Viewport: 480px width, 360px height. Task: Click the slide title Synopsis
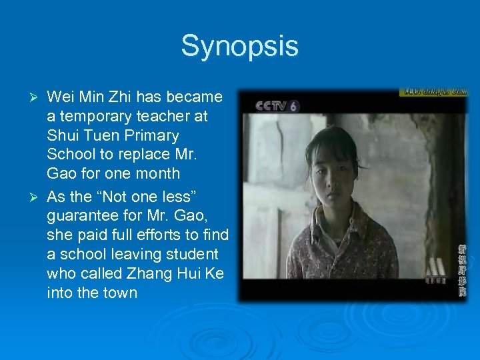coord(239,46)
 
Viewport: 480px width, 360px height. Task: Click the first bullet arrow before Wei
coord(37,97)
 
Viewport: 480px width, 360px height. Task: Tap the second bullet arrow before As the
coord(37,198)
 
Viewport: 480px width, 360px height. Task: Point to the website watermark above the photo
coord(433,91)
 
